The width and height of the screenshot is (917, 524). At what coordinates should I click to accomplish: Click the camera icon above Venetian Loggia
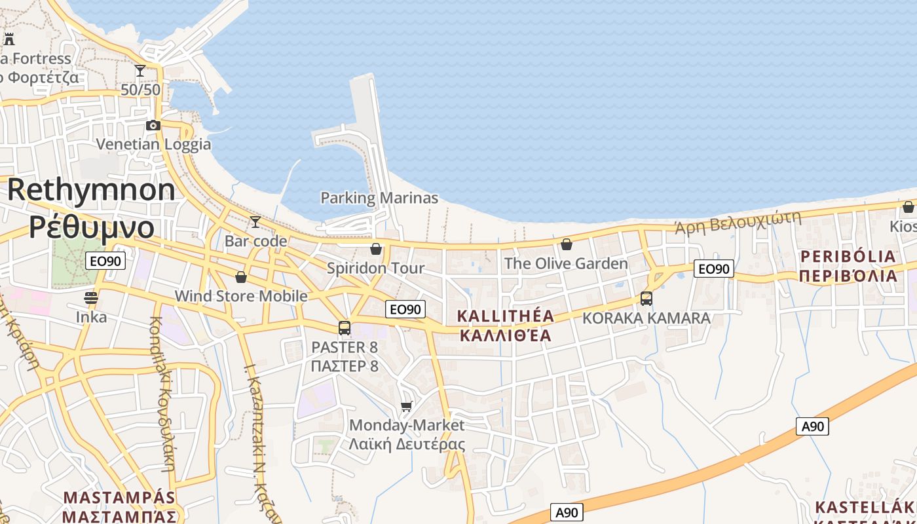(153, 125)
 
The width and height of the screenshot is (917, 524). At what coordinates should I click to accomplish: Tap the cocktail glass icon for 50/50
(140, 70)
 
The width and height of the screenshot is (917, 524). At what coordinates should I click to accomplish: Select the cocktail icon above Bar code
(255, 222)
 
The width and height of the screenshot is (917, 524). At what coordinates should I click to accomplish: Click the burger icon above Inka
(91, 298)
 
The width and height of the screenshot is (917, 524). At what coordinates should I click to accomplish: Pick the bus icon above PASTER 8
(345, 327)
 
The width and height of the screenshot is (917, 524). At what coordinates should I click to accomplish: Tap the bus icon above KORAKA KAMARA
(646, 299)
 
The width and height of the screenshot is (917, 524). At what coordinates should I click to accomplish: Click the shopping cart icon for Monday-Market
(406, 407)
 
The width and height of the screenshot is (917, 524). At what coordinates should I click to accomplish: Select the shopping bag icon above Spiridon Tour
(376, 249)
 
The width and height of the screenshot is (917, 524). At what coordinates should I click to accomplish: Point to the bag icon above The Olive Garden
(566, 244)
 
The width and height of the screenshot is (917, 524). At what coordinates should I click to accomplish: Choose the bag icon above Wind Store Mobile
(241, 277)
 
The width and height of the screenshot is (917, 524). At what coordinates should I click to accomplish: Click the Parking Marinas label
(379, 198)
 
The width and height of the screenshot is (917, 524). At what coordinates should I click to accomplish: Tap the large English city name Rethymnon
(91, 190)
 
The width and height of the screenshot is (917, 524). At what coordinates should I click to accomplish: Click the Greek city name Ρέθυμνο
(91, 227)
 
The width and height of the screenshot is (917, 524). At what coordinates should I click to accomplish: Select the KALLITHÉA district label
(505, 316)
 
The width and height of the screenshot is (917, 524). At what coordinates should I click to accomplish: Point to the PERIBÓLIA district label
(848, 256)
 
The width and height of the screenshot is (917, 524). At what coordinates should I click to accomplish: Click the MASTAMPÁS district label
(119, 497)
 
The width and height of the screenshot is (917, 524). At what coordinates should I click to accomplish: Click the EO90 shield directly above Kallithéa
(405, 309)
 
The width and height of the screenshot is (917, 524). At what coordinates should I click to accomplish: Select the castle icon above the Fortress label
(9, 39)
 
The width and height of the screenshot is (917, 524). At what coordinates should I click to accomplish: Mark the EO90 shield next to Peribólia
(714, 269)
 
